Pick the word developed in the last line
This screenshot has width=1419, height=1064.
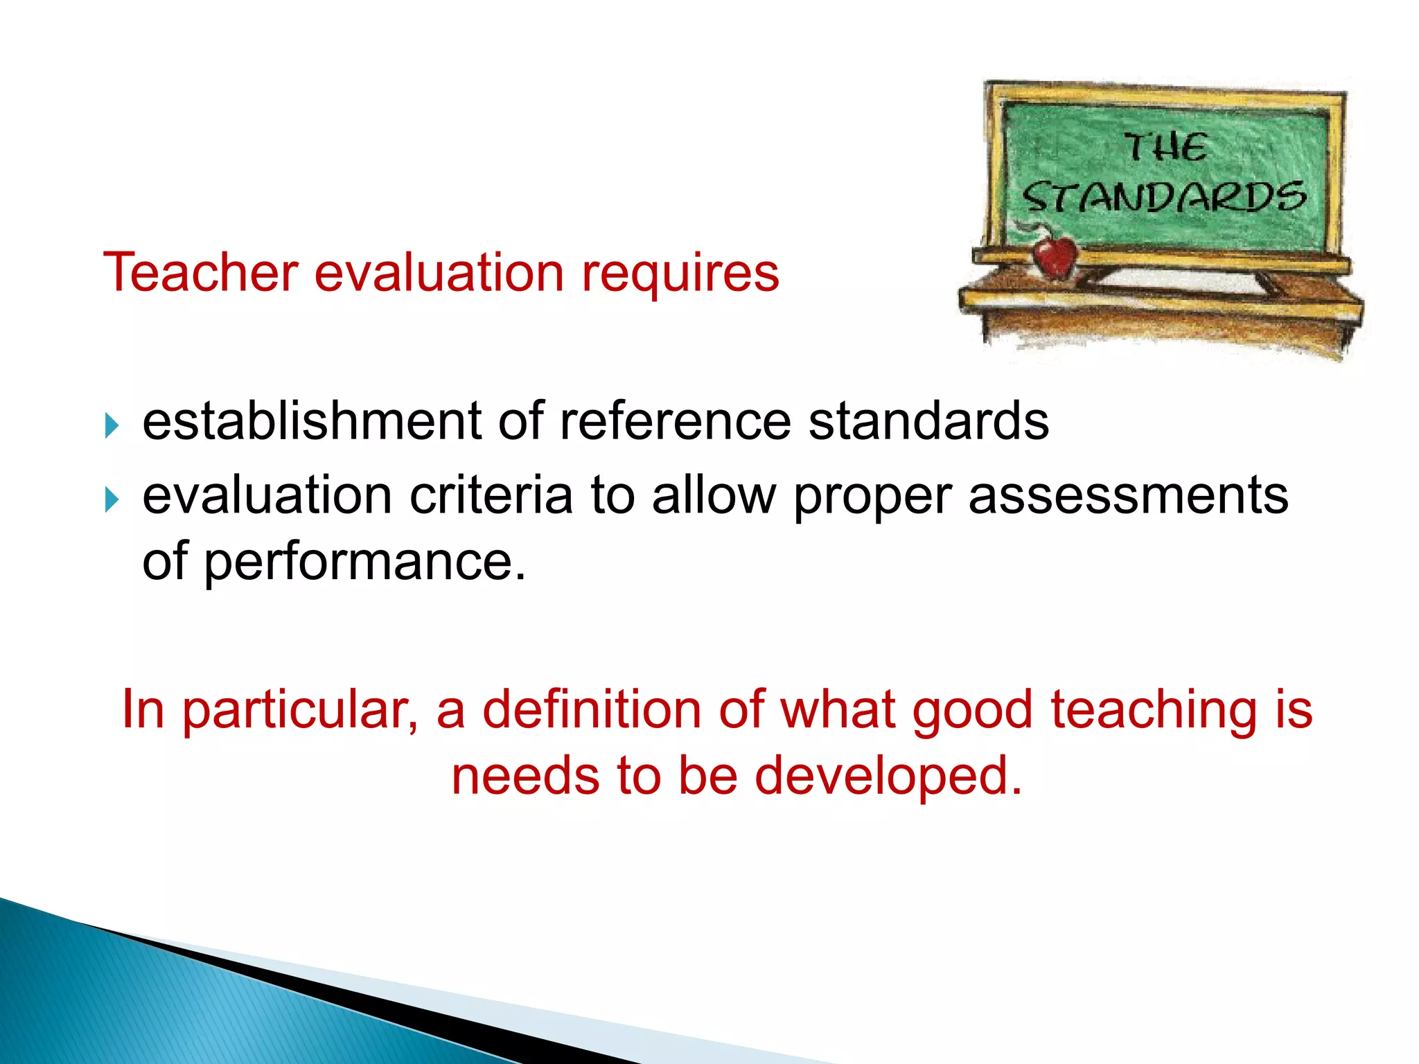point(888,776)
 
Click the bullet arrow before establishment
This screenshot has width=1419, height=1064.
point(112,425)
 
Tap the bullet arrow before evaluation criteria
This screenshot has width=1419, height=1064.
point(112,499)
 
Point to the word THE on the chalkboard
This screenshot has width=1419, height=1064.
point(1165,148)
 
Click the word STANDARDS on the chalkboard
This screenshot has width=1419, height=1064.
point(1164,197)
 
